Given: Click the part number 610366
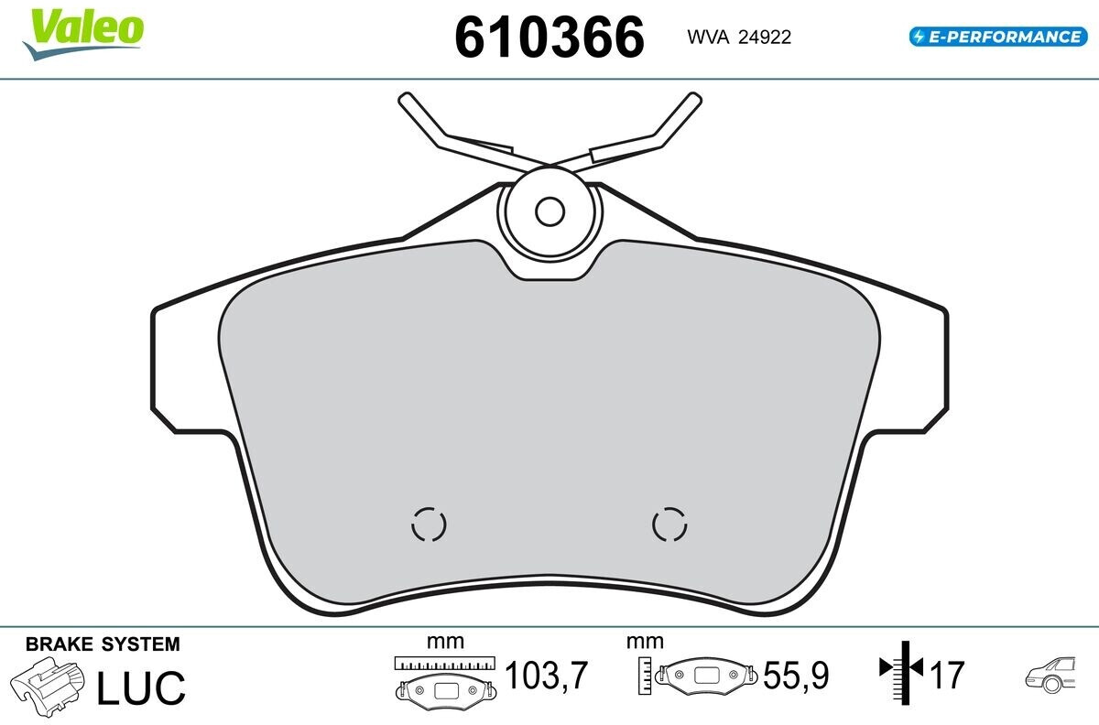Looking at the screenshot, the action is click(549, 38).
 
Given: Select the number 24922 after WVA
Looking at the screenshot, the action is click(765, 38).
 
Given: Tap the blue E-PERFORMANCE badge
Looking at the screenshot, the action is click(998, 37).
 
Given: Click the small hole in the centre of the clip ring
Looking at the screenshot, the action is click(550, 211).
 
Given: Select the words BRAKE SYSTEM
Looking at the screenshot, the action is click(103, 644).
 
